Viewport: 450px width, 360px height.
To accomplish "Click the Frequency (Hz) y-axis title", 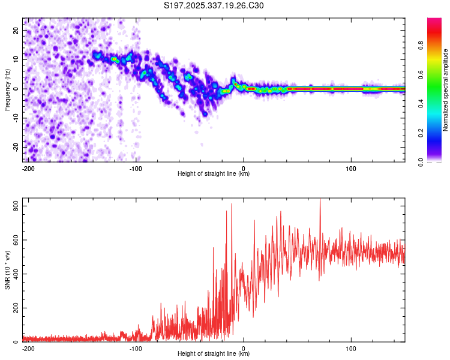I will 7,90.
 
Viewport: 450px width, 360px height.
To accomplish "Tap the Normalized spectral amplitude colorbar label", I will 446,90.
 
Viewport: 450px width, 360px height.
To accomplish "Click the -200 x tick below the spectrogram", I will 28,167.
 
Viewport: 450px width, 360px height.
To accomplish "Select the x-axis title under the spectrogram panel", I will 214,173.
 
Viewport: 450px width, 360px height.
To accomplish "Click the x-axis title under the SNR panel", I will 214,353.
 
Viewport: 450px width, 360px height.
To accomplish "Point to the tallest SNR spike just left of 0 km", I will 232,204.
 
